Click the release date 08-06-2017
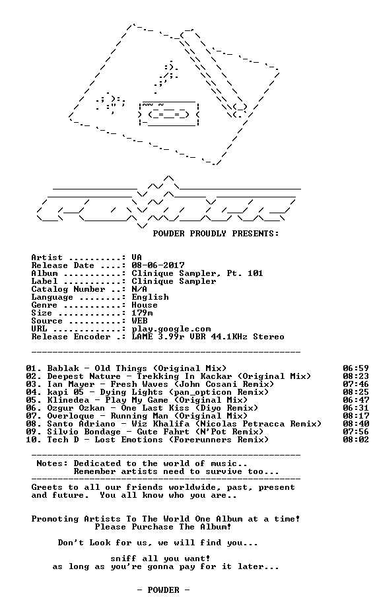(x=158, y=265)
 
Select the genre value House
(x=145, y=305)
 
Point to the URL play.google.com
(x=171, y=329)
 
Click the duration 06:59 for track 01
(x=356, y=368)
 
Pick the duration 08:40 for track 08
(x=356, y=424)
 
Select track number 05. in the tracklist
(x=34, y=400)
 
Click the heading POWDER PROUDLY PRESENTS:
(x=216, y=234)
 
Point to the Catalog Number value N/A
(x=139, y=289)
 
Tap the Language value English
(x=150, y=297)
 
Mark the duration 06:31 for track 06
(x=356, y=408)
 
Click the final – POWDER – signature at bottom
(x=163, y=590)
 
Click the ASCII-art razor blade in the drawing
(x=169, y=114)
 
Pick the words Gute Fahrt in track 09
(x=163, y=432)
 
